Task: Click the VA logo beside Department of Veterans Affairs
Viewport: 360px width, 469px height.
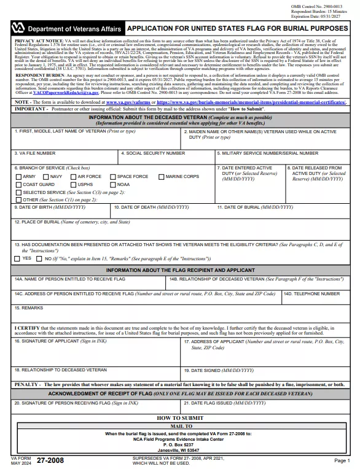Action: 19,29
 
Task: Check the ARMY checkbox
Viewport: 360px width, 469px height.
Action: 18,177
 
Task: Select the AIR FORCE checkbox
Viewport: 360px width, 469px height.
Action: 73,177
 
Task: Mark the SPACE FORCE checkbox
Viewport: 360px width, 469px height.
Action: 113,177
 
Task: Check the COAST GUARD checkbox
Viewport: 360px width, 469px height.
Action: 18,184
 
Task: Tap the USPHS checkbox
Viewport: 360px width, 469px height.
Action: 73,184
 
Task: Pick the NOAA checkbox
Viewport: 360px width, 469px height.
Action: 113,184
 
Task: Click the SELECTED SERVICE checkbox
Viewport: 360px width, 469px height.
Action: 18,192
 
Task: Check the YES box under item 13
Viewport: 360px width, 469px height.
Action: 17,258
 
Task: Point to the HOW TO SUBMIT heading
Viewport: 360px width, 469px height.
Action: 180,417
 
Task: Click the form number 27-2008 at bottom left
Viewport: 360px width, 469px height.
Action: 50,460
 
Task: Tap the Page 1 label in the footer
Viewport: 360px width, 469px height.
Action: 342,460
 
